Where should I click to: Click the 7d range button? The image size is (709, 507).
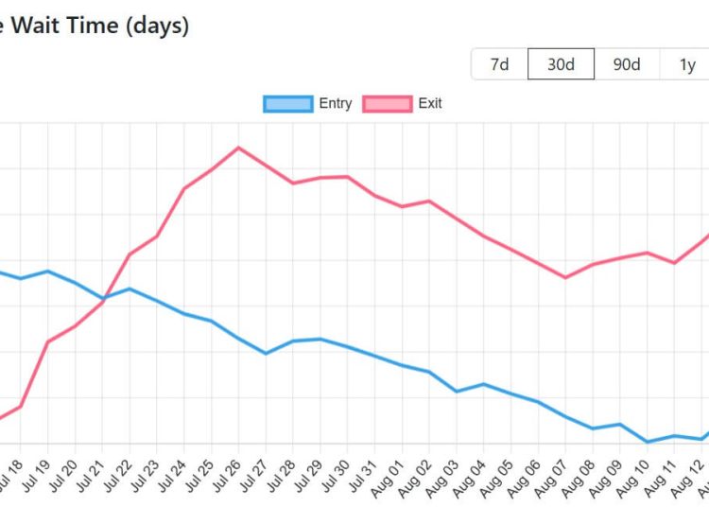[x=499, y=64]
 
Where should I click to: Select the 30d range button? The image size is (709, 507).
[x=561, y=64]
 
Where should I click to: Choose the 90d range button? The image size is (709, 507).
[x=626, y=64]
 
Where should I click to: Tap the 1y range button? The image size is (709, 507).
[x=687, y=64]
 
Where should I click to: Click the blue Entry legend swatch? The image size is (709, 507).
[x=287, y=104]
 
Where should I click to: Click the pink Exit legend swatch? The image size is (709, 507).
[x=387, y=104]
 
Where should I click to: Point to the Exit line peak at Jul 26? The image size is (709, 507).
[x=238, y=147]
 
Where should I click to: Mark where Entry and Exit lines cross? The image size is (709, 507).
[x=106, y=299]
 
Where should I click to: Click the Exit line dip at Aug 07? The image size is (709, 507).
[x=565, y=277]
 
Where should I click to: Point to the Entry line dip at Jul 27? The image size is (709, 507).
[x=266, y=354]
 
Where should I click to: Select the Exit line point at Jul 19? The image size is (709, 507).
[x=47, y=341]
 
